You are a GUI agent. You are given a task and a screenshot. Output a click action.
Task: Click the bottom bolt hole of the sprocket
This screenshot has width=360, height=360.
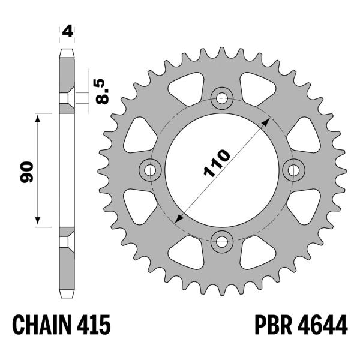[x=222, y=242]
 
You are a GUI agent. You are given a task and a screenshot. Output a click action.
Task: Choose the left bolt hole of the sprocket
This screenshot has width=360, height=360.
[x=149, y=170]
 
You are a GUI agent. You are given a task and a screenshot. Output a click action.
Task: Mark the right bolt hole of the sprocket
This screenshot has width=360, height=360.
[x=294, y=170]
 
